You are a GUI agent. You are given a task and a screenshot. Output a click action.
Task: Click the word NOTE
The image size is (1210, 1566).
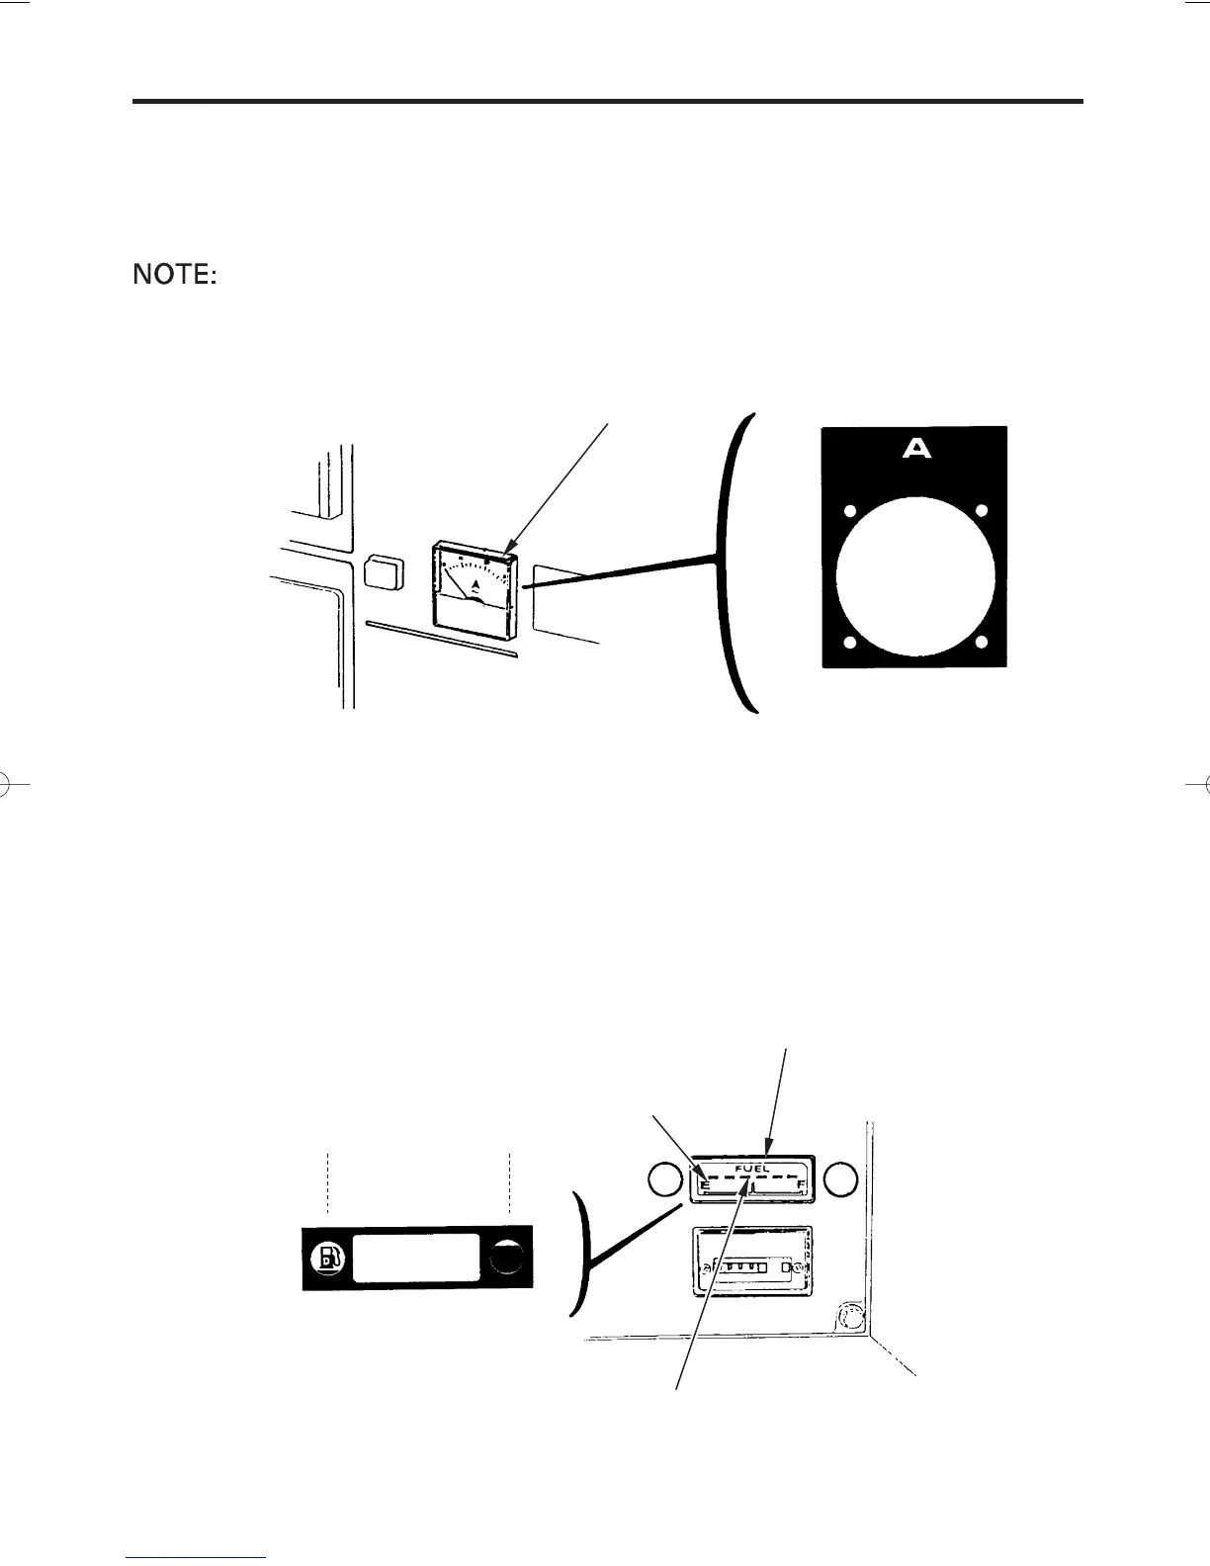[x=175, y=275]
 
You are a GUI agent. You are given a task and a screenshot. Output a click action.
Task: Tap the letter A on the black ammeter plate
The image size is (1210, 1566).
[x=917, y=449]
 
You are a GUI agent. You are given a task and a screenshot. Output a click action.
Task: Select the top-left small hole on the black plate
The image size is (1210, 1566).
[x=847, y=512]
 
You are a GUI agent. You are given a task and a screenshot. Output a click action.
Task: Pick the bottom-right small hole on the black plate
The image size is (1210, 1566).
[x=982, y=642]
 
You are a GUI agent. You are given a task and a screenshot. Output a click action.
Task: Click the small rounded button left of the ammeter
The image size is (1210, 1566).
[x=384, y=573]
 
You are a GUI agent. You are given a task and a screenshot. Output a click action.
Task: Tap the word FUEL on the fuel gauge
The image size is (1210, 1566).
[x=753, y=1168]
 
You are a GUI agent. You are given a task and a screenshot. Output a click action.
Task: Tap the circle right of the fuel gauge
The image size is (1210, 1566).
[x=840, y=1178]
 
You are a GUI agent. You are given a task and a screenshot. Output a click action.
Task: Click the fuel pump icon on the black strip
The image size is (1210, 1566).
[x=328, y=1258]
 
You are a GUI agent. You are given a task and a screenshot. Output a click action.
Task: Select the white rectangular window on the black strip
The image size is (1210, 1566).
[x=416, y=1258]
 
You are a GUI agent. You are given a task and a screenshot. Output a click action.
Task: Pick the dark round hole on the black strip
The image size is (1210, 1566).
[x=507, y=1257]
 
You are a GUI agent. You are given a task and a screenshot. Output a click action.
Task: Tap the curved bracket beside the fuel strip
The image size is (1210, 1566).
[x=583, y=1254]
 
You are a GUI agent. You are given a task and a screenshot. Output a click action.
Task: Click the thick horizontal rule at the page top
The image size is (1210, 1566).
[x=608, y=101]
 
